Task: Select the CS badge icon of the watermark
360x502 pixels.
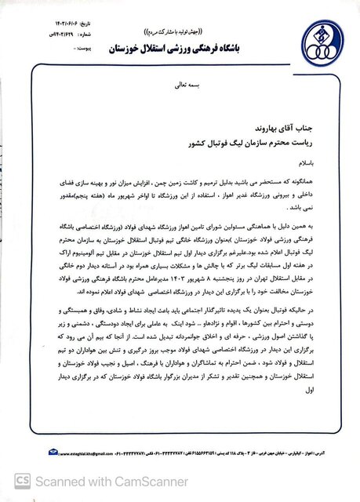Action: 16,487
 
